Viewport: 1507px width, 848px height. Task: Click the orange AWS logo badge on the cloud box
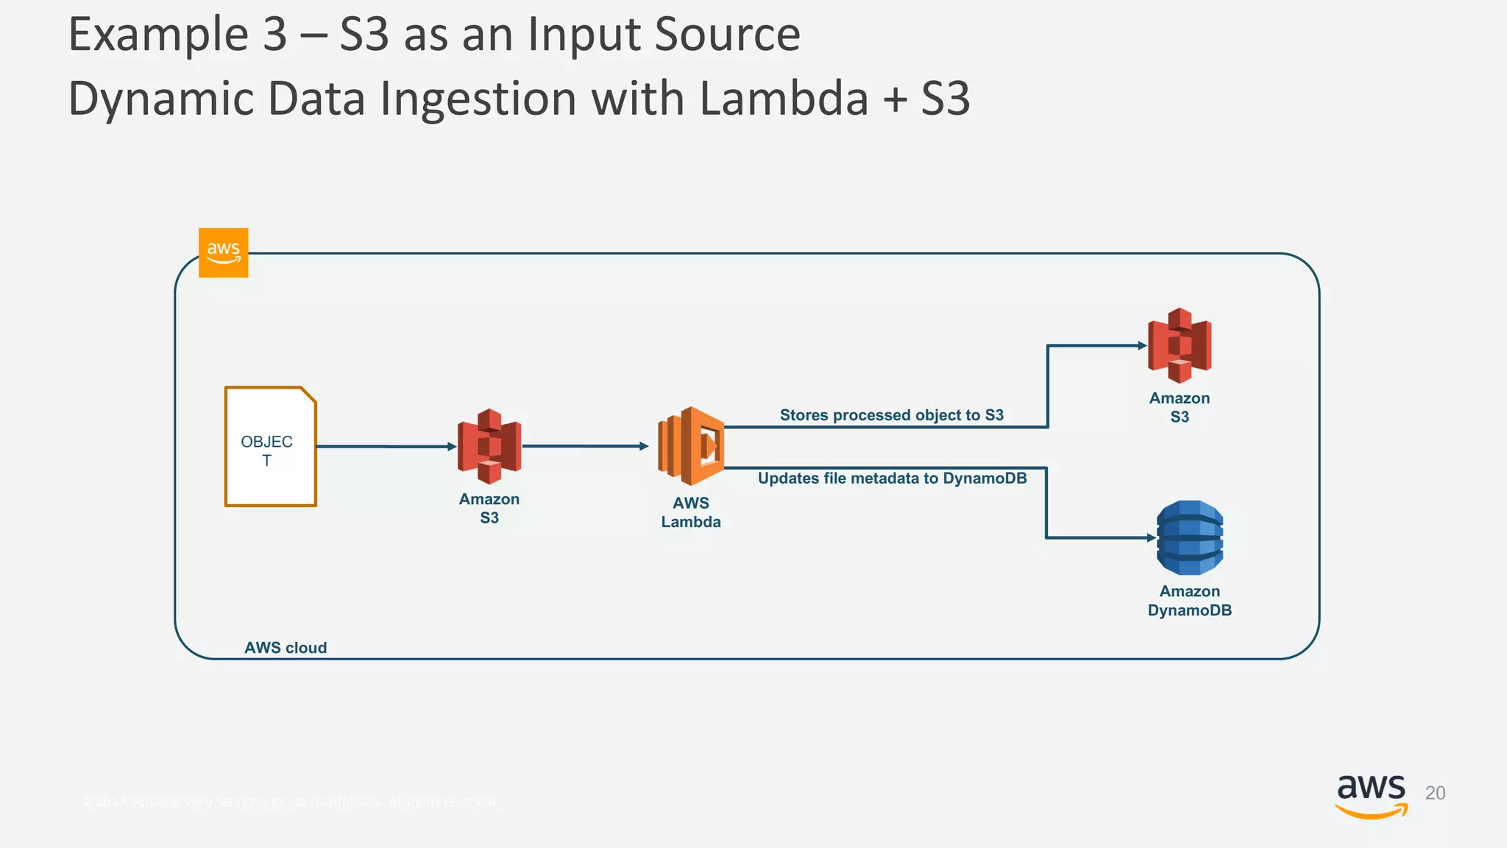click(223, 252)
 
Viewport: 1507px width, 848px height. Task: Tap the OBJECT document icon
click(270, 447)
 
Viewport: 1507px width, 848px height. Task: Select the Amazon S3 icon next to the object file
click(489, 446)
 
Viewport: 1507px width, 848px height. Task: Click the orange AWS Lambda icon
click(691, 445)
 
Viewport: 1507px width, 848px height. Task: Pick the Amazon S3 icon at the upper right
click(1180, 345)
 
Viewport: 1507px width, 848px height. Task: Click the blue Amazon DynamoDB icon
click(1190, 537)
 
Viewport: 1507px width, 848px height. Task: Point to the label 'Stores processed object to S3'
click(891, 415)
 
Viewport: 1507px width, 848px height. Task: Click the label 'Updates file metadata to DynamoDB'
click(892, 478)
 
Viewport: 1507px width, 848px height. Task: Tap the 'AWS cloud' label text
click(286, 648)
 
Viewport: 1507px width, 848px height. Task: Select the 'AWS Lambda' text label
click(690, 512)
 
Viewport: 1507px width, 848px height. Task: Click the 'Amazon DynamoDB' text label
click(1189, 601)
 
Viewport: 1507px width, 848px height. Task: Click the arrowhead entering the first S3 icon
click(453, 446)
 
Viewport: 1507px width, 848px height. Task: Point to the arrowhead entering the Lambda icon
click(644, 446)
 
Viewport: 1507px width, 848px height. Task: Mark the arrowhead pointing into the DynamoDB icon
click(1152, 538)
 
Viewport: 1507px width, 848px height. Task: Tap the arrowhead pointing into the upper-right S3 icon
click(1142, 345)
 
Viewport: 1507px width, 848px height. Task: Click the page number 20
click(1435, 793)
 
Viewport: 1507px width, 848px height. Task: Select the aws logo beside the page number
click(1371, 795)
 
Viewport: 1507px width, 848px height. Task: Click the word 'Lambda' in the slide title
click(784, 99)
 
